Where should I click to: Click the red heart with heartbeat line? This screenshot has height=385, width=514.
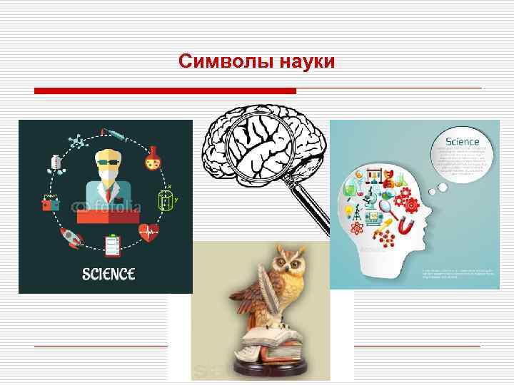[x=150, y=232]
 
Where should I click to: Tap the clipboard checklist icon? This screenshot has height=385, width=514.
[x=111, y=245]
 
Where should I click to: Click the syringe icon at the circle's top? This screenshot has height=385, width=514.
[x=115, y=134]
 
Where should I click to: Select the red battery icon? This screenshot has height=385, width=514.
[x=51, y=203]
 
